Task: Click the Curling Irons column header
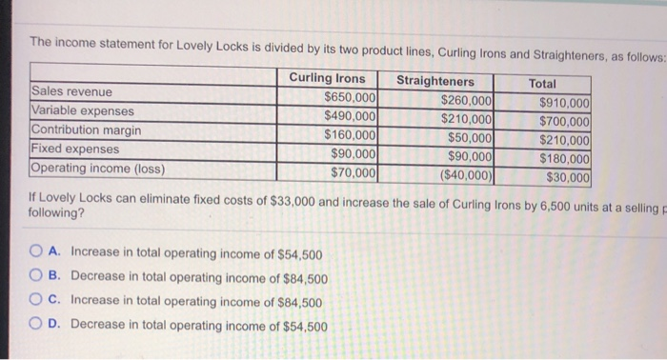[326, 78]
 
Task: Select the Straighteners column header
[435, 82]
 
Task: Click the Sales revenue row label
[71, 92]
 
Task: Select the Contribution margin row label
[87, 130]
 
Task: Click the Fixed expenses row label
[75, 150]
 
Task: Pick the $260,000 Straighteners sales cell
[467, 101]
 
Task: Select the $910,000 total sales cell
[564, 104]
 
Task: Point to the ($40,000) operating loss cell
[465, 175]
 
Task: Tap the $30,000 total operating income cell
[568, 177]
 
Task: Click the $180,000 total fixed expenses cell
[564, 158]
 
